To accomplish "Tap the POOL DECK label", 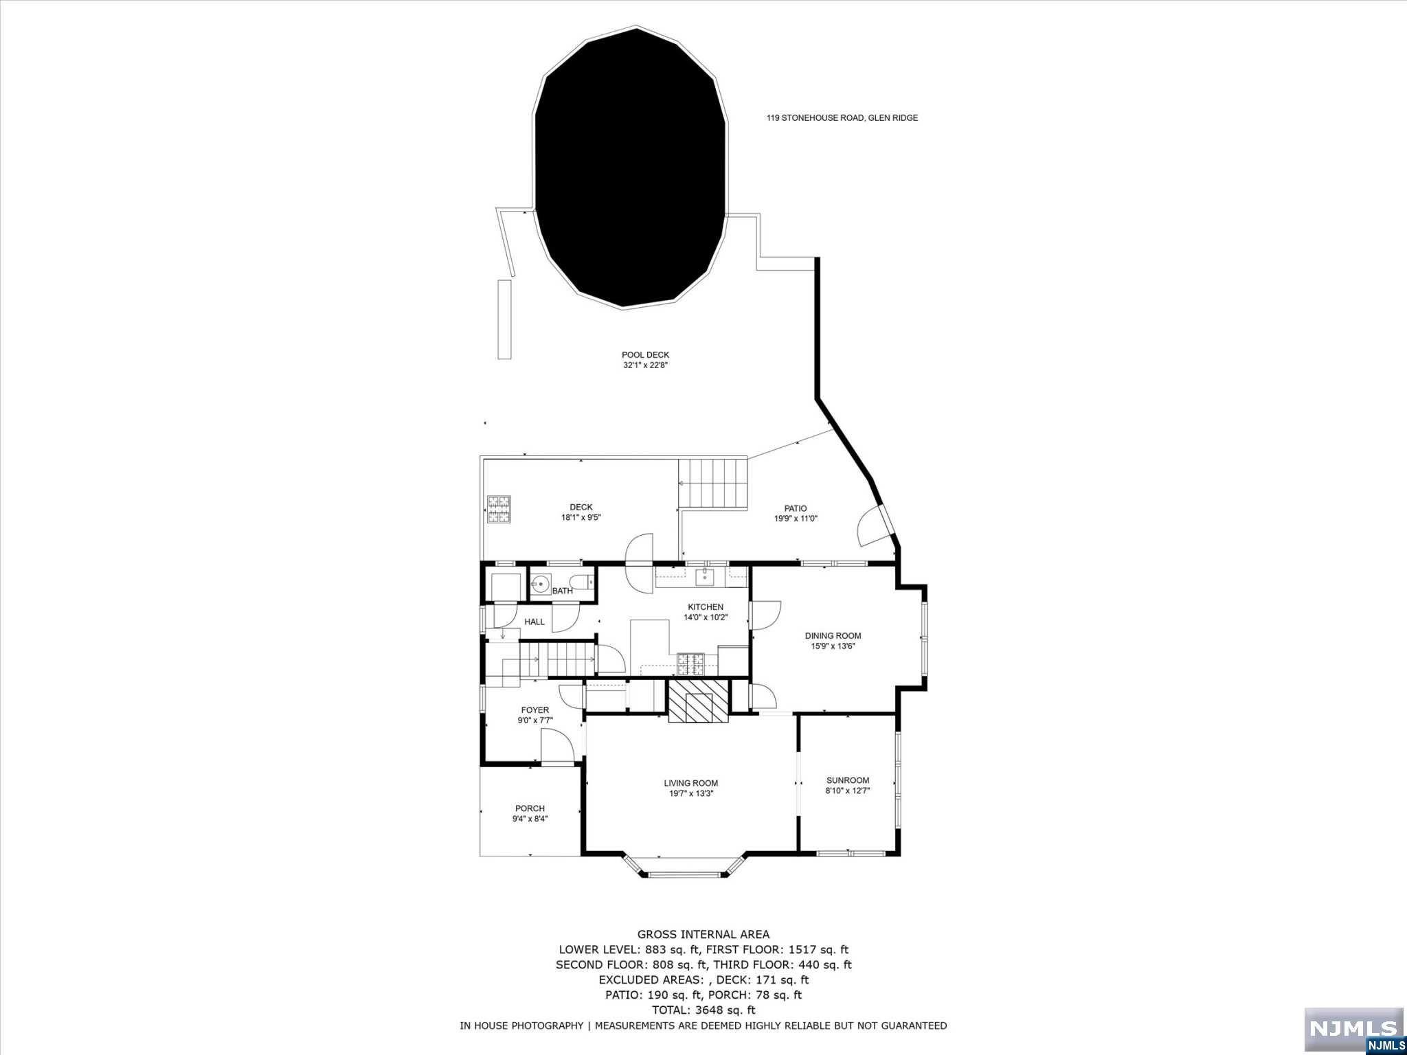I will point(645,355).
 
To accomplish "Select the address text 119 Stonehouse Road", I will point(842,117).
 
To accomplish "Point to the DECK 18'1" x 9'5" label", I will point(581,512).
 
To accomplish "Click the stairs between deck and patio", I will point(712,484).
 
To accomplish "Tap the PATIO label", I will point(796,509).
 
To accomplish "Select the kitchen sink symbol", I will point(705,577).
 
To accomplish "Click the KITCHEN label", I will point(706,607).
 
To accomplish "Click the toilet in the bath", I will point(582,584).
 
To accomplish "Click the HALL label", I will point(534,622).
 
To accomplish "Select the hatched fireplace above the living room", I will point(699,701).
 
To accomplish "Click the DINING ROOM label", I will point(833,636).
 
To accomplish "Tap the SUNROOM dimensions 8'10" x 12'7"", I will point(848,791).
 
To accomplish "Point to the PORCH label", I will point(530,808).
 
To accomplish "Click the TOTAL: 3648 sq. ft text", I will point(703,1010).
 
